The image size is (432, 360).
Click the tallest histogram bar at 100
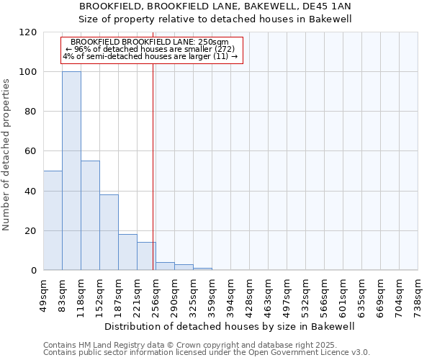tap(71, 171)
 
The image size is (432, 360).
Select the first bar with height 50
tap(53, 220)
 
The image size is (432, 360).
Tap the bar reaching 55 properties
tap(90, 215)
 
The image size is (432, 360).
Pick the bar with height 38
tap(109, 232)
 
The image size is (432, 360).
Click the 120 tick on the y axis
tap(28, 32)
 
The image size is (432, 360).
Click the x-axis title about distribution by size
tap(230, 326)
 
